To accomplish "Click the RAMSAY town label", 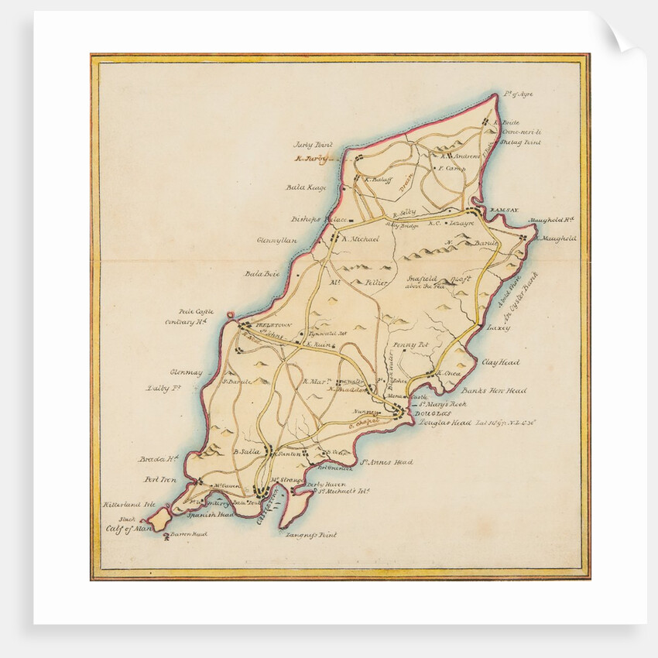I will (x=497, y=210).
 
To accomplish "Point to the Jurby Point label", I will (x=311, y=144).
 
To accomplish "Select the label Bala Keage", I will (x=306, y=187).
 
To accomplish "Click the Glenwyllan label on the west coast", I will (x=277, y=240).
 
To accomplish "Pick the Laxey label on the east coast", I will (x=499, y=327).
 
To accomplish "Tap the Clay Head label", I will (x=501, y=362).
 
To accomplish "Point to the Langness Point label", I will (x=310, y=534).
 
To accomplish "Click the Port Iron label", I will (x=158, y=480).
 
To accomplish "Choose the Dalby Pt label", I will (x=163, y=388).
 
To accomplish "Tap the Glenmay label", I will (x=187, y=372).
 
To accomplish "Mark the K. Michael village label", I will (x=358, y=239).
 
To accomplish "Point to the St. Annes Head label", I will (x=386, y=462).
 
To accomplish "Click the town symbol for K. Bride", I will (x=486, y=122).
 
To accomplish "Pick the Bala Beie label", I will (x=261, y=273).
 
